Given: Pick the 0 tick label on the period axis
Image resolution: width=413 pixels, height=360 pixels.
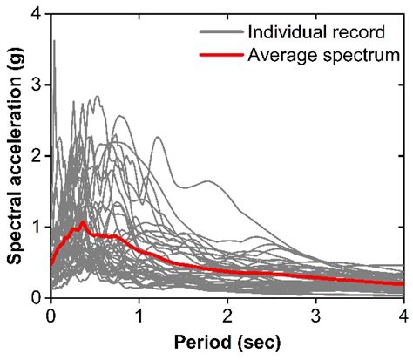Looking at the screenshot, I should (51, 315).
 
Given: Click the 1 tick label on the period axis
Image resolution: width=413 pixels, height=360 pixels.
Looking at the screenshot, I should (139, 315).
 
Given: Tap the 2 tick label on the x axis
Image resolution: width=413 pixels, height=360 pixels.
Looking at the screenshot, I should (227, 315).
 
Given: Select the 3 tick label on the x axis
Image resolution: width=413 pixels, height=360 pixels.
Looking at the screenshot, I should (315, 315).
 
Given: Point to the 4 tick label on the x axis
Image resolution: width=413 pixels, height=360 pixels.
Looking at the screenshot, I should (403, 315).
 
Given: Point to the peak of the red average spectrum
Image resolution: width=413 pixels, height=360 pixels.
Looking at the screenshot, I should (83, 222).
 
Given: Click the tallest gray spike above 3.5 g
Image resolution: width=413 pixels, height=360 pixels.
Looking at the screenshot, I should (54, 41).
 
